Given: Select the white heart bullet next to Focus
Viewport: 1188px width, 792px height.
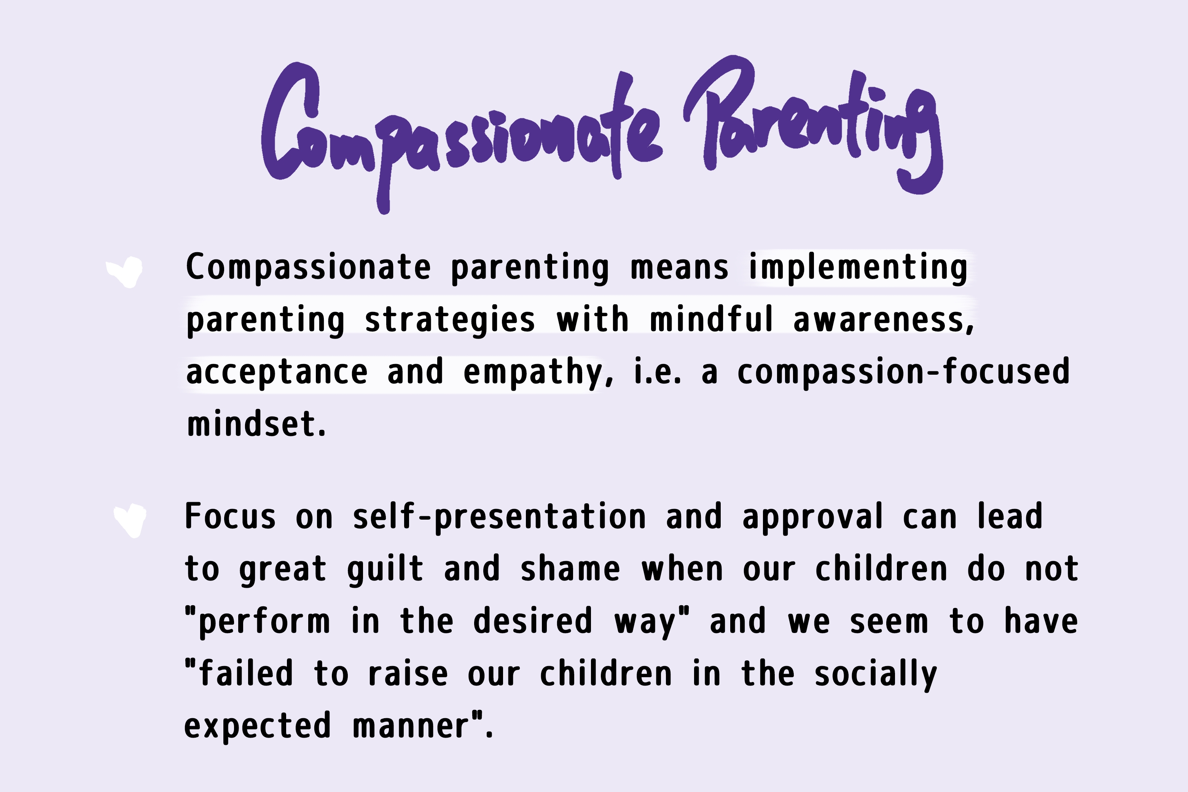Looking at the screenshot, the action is (x=131, y=521).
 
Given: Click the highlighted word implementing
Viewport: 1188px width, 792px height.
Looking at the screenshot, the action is (x=858, y=268).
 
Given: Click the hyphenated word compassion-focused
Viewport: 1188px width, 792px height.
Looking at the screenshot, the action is (x=903, y=372).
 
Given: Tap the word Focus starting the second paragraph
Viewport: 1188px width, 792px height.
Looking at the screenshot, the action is (x=231, y=516).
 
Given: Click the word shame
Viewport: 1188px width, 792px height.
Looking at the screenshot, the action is (x=570, y=569).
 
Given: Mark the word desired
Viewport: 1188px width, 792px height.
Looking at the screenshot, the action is (x=533, y=621).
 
